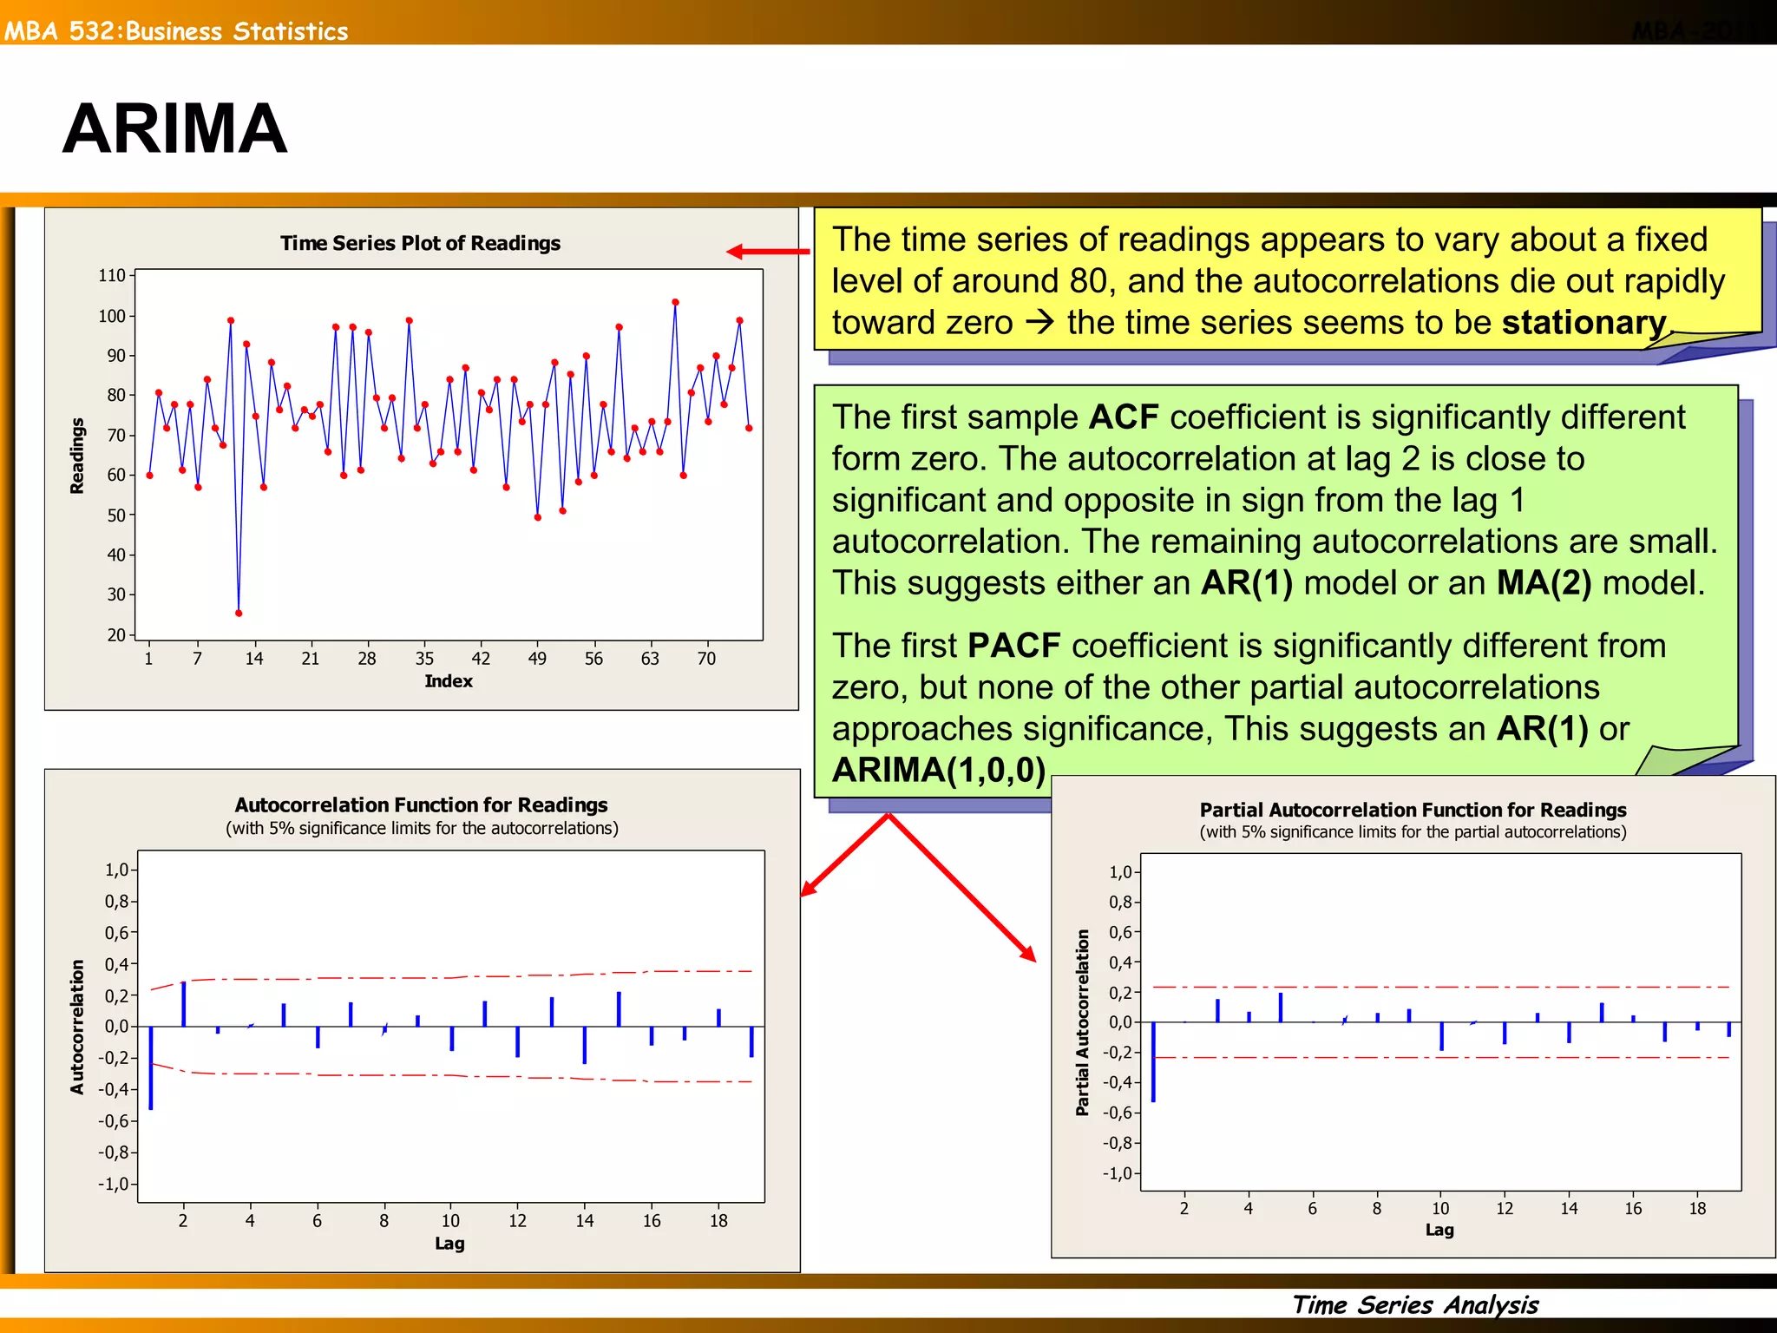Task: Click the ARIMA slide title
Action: (174, 128)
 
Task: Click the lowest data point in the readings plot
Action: (239, 614)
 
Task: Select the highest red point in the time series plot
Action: (675, 303)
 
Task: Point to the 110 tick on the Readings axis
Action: (112, 275)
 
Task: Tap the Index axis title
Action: (449, 681)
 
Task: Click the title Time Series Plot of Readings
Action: (420, 243)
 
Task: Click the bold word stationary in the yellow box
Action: (1584, 323)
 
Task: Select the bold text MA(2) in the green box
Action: (1544, 583)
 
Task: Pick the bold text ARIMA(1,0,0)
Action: (939, 771)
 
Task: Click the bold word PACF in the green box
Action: (1013, 647)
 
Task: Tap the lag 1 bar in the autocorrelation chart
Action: (151, 1067)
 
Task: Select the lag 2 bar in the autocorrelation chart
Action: (184, 1004)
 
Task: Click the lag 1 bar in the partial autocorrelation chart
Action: (1153, 1062)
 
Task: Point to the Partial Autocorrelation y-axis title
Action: (1082, 1022)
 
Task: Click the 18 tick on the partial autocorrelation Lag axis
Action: (1697, 1208)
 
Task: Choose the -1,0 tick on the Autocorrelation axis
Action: (115, 1185)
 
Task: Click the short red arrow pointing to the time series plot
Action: (767, 252)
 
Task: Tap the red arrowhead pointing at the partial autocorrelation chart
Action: (1029, 954)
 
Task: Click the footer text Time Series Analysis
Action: (1415, 1304)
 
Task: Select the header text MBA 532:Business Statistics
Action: (176, 31)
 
